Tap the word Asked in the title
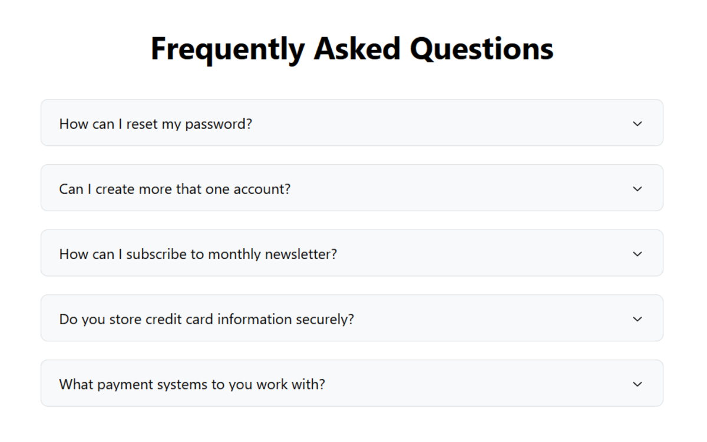tap(357, 48)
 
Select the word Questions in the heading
tap(482, 48)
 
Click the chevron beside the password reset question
tap(637, 124)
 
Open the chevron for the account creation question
tap(637, 189)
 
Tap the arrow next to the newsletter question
tap(637, 254)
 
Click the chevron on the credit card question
tap(637, 319)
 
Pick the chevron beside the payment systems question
tap(637, 384)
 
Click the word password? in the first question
tap(219, 124)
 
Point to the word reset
tap(142, 124)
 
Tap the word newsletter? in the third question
tap(301, 254)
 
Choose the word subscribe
tap(156, 254)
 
